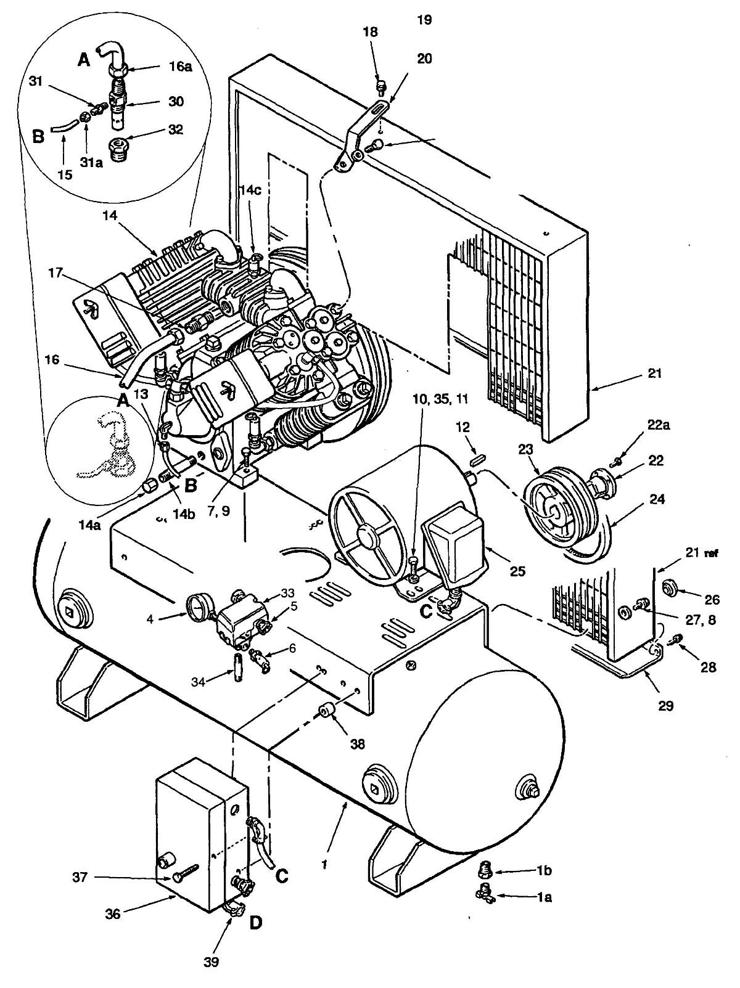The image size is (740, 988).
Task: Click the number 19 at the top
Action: (x=424, y=20)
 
